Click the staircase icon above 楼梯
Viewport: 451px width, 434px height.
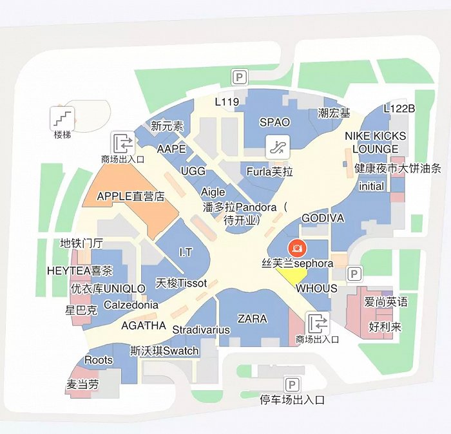pos(63,117)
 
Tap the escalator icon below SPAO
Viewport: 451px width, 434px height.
pos(279,146)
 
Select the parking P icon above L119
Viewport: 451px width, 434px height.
pos(239,78)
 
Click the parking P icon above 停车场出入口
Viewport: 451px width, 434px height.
pos(292,385)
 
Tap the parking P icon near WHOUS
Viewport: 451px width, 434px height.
pos(354,274)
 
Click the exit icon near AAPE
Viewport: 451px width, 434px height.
pos(122,142)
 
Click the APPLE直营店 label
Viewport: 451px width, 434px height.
pos(131,196)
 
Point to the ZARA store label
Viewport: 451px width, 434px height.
pos(252,319)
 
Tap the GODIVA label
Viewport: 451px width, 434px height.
pos(323,218)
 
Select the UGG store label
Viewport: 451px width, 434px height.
pos(193,171)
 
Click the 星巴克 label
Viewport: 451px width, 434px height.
pos(81,310)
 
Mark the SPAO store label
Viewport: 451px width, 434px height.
pos(274,122)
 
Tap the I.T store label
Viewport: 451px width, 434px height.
pos(186,252)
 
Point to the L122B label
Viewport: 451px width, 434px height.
pos(399,108)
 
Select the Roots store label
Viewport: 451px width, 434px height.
pos(99,360)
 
